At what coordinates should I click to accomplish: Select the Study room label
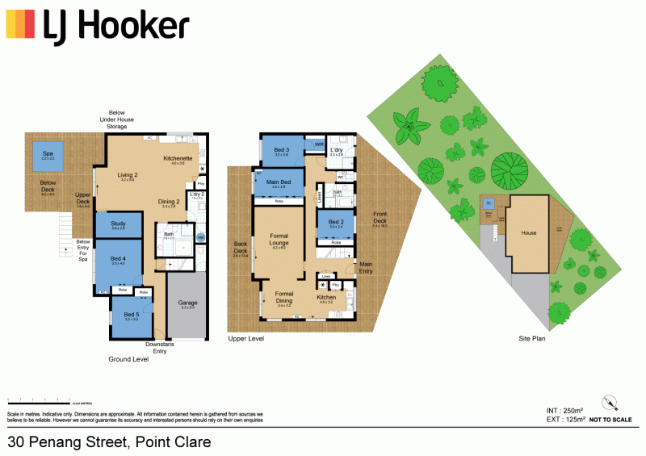point(118,225)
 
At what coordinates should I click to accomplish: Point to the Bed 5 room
point(132,317)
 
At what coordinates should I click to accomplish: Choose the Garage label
point(188,304)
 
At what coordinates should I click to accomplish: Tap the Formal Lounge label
point(279,241)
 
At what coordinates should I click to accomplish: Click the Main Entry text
point(366,266)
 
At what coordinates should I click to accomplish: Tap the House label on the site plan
point(528,233)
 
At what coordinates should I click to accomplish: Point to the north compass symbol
point(610,403)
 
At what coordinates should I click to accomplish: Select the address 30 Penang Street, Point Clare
point(109,441)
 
